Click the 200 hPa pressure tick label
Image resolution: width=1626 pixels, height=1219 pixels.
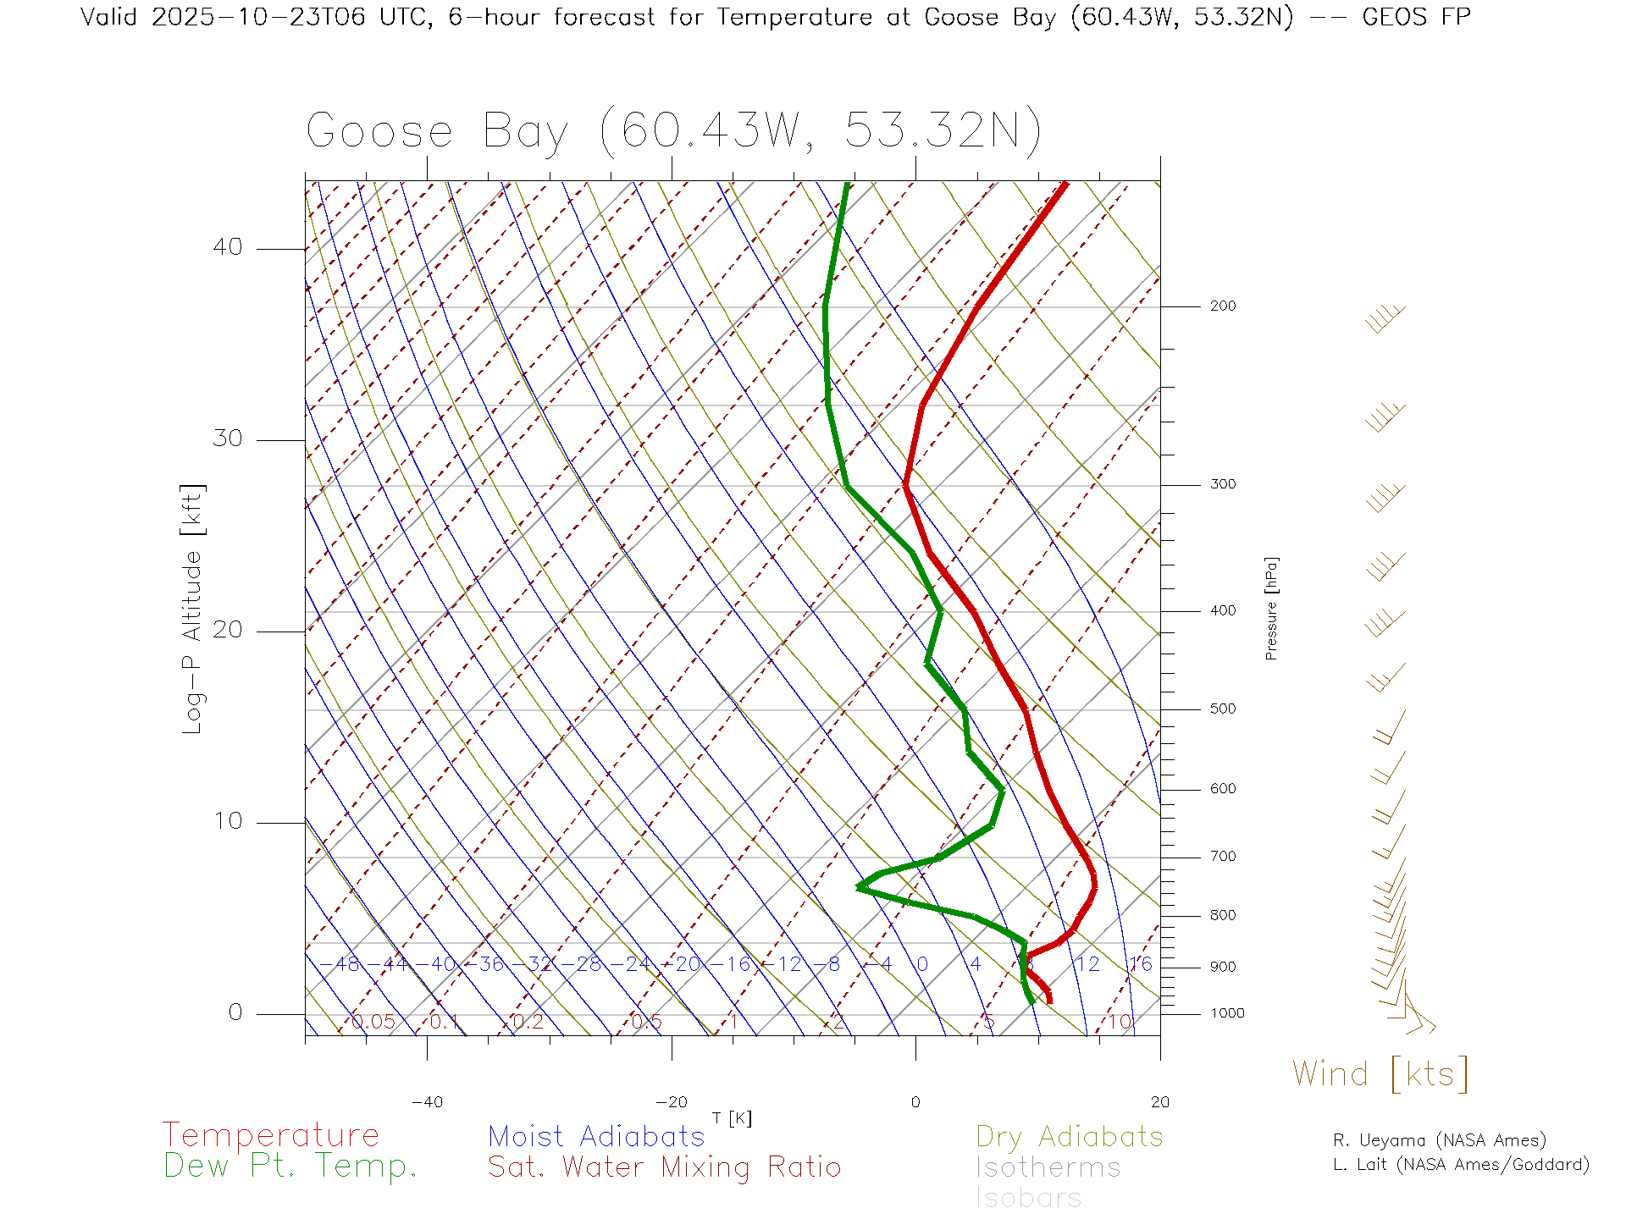coord(1222,306)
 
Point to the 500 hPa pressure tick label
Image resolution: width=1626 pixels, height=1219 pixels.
coord(1222,709)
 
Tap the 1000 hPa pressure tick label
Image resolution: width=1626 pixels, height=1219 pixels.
coord(1226,1013)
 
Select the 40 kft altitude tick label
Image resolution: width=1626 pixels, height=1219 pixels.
coord(227,247)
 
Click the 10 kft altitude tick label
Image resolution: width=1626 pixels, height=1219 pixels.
coord(227,821)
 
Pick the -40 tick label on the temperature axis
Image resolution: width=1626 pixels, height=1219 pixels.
coord(427,1102)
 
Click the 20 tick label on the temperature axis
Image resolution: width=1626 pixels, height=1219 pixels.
coord(1159,1102)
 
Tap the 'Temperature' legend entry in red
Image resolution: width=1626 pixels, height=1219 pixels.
coord(271,1135)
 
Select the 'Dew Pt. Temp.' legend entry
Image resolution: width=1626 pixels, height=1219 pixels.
coord(290,1167)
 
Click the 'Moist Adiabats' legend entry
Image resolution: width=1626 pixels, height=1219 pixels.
coord(596,1136)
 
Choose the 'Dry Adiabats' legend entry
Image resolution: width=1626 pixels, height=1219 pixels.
coord(1070,1136)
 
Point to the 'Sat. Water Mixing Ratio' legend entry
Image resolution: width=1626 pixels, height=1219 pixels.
coord(664,1167)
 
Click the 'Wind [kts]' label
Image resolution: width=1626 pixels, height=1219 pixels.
coord(1380,1074)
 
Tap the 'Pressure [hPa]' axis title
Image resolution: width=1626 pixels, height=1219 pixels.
coord(1271,608)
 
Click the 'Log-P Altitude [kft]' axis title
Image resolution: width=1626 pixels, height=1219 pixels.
coord(193,609)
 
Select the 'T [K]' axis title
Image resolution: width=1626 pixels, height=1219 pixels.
coord(732,1118)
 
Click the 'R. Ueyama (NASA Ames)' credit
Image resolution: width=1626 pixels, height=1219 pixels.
coord(1440,1140)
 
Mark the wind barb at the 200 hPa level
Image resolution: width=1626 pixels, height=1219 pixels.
coord(1385,318)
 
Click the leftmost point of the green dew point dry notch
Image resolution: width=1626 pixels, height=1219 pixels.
coord(858,887)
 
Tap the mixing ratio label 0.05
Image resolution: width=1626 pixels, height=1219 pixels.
coord(373,1022)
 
